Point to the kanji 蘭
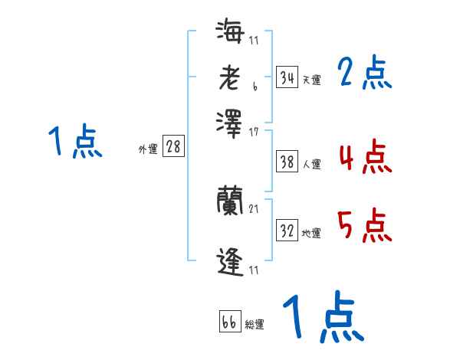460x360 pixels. [229, 201]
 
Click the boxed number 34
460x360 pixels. [287, 77]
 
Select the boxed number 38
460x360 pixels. [287, 162]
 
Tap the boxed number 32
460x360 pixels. [287, 231]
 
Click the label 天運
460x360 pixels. [311, 80]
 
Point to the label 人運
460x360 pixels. [311, 164]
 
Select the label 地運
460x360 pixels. [311, 233]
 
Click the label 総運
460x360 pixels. [255, 324]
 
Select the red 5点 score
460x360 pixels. [365, 226]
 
